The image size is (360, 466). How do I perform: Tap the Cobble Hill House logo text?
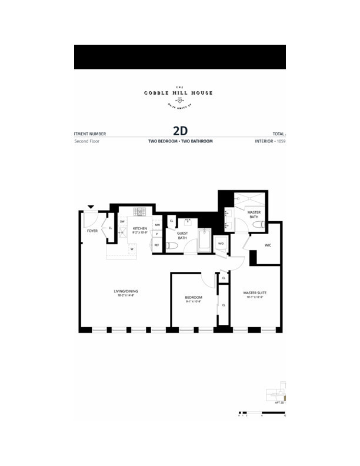(x=179, y=93)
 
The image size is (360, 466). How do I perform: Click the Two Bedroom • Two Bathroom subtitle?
(x=180, y=142)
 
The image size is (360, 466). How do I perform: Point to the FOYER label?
(x=92, y=231)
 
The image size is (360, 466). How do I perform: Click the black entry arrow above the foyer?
(x=90, y=207)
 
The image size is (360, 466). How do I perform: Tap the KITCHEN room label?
(x=139, y=228)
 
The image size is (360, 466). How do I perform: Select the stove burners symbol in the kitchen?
(x=140, y=212)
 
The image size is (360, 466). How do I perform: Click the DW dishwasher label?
(x=122, y=222)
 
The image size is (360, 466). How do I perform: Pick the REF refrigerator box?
(x=156, y=245)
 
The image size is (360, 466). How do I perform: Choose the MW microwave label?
(x=157, y=225)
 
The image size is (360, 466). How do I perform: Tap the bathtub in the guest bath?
(x=204, y=241)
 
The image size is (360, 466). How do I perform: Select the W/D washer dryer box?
(x=221, y=243)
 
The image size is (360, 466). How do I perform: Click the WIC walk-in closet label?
(x=268, y=245)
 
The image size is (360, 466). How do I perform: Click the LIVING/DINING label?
(x=126, y=291)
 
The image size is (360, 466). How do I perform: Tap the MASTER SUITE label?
(x=255, y=292)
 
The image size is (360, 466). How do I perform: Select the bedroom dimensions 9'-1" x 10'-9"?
(x=194, y=302)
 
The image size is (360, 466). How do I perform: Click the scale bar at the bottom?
(x=262, y=412)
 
